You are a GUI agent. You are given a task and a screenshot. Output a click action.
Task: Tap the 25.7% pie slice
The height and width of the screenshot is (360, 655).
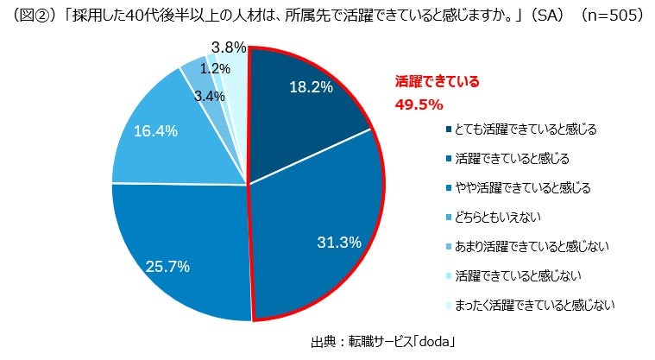click(181, 250)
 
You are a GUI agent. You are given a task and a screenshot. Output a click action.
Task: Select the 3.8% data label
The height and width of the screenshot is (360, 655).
click(229, 47)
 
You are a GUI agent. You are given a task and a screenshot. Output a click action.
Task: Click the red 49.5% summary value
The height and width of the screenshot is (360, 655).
click(418, 104)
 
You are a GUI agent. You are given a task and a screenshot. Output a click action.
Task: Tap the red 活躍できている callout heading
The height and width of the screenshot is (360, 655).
click(436, 83)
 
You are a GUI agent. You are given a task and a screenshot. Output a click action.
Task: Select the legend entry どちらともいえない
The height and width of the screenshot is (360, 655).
click(494, 217)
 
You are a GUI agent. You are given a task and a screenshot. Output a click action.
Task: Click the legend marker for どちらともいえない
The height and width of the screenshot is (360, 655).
click(450, 217)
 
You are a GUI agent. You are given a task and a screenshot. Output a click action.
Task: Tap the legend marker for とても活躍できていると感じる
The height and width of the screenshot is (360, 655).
click(450, 129)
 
